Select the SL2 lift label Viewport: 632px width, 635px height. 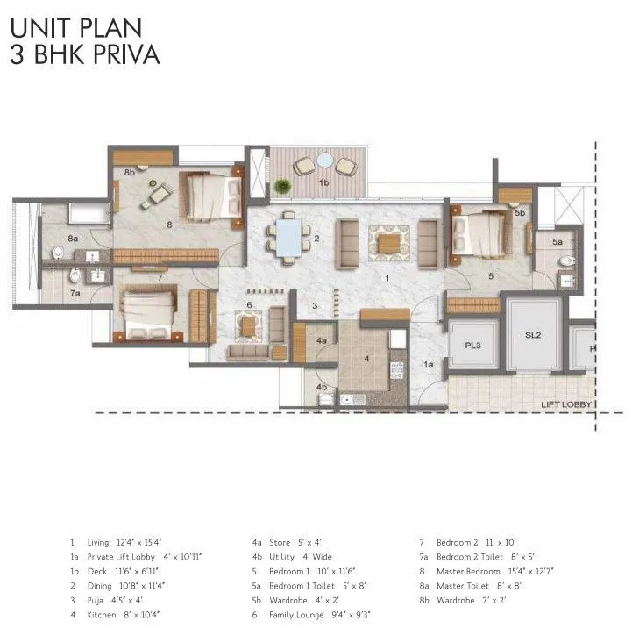(533, 335)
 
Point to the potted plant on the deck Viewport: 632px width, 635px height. (281, 186)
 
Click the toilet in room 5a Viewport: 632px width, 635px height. (565, 260)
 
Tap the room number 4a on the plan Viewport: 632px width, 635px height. (322, 340)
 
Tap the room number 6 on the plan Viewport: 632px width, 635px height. (249, 305)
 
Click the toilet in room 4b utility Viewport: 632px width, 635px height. (326, 399)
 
